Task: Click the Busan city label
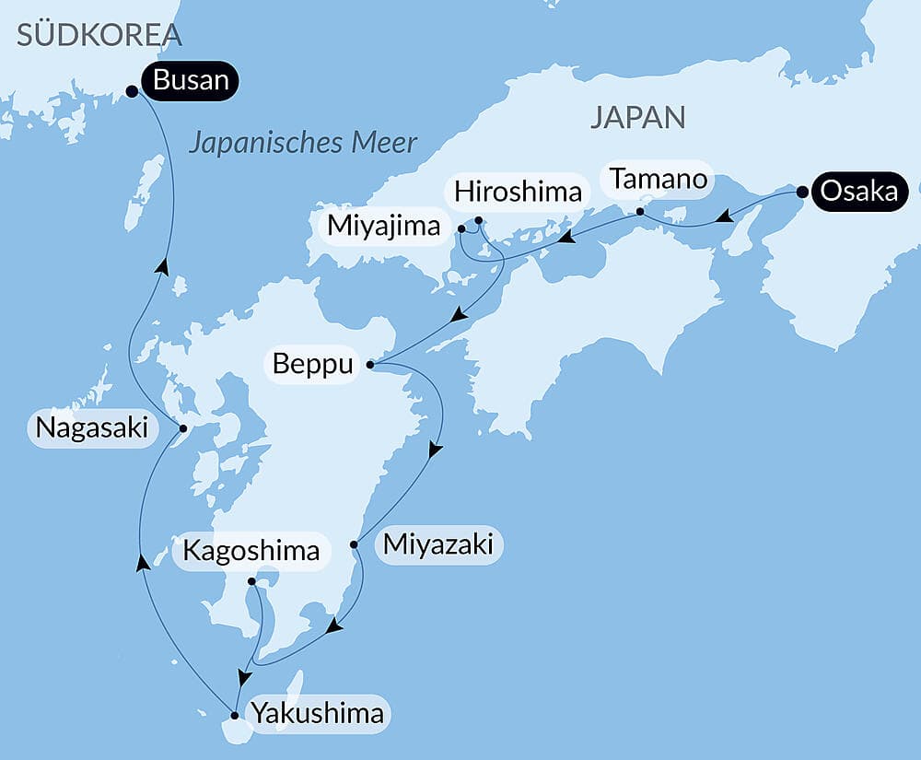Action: coord(191,80)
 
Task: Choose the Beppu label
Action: coord(313,365)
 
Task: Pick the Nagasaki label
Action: coord(93,428)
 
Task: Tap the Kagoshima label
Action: coord(251,551)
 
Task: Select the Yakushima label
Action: coord(317,714)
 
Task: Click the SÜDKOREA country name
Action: coord(99,36)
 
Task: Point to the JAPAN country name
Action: coord(638,117)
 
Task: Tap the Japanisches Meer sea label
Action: coord(303,143)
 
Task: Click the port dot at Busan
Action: coord(132,91)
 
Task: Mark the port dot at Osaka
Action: coord(802,193)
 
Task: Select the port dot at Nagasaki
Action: coord(182,428)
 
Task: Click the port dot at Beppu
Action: coord(370,365)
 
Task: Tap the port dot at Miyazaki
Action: coord(355,544)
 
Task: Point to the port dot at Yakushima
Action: coord(235,715)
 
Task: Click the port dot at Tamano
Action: coord(640,212)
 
